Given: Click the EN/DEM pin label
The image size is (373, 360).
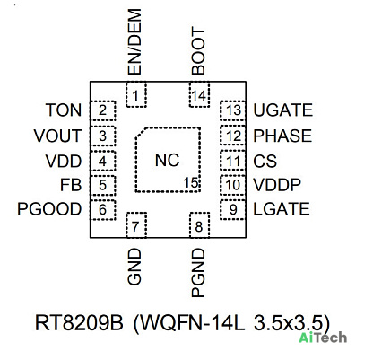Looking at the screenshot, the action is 134,41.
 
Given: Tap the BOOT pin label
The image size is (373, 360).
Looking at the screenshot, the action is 198,51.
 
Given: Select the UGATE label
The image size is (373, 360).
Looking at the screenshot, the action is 283,110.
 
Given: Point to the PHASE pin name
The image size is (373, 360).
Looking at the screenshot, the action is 282,136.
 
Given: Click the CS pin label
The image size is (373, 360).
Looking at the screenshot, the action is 265,161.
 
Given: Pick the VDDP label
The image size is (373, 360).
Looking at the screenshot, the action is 277,185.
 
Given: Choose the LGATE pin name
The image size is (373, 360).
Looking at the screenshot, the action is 282,209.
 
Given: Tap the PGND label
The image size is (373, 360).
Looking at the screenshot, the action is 198,273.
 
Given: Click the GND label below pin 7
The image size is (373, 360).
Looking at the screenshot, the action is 134,267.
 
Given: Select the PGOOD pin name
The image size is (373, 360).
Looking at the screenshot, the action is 49,209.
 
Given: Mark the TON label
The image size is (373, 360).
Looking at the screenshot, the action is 64,110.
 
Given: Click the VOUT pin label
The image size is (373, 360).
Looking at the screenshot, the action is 57,136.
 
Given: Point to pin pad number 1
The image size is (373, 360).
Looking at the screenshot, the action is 136,94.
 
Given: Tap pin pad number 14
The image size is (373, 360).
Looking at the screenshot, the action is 199,94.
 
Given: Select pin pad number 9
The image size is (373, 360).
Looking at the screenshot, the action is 233,210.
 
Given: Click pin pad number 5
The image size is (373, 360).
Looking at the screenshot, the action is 102,185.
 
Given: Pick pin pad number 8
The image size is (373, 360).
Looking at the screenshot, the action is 199,225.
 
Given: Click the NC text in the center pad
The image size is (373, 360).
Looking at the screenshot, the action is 167,160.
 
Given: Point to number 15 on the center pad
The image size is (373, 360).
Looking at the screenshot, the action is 191,182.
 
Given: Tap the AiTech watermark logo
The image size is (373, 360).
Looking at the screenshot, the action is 323,338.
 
